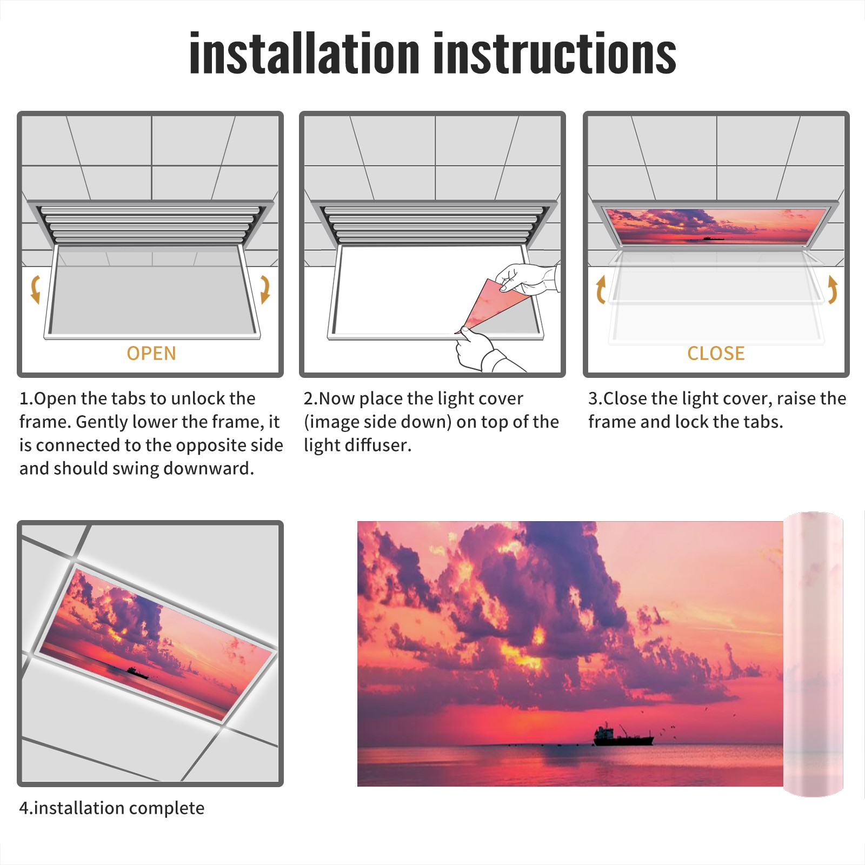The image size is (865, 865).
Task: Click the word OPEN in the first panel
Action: (x=151, y=354)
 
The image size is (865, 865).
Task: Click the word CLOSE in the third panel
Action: (x=716, y=354)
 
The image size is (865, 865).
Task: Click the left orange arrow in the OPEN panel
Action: (x=35, y=289)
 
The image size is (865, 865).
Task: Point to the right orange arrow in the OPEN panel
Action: (x=265, y=289)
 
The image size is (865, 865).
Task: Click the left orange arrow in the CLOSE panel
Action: (x=601, y=289)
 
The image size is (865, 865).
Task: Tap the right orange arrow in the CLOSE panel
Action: (x=833, y=289)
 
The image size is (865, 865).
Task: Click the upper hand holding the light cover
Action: (x=527, y=278)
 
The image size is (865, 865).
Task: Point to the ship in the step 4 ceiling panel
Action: (x=137, y=673)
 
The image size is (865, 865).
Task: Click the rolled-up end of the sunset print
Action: (x=813, y=654)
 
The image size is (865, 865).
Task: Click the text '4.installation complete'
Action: (x=112, y=808)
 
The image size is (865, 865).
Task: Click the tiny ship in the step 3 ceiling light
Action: (x=713, y=238)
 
